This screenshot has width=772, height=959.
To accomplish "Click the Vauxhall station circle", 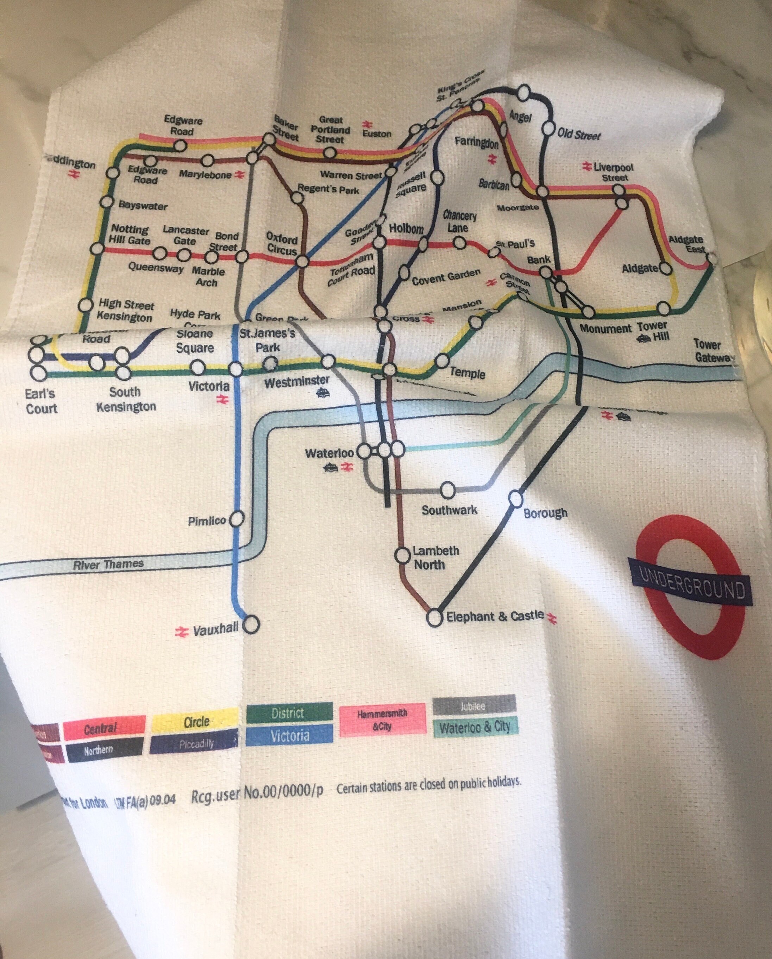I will click(x=252, y=624).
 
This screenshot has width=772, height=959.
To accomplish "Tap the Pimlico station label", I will click(x=207, y=521).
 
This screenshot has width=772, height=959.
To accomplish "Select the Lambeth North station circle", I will click(x=402, y=555).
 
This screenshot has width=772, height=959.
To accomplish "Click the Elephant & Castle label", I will click(x=495, y=616).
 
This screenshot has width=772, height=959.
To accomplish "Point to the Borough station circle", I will click(x=515, y=499).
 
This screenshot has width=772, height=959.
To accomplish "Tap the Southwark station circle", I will click(x=447, y=490).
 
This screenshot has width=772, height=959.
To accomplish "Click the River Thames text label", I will click(x=108, y=565).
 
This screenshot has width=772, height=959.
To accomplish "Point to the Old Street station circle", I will click(x=548, y=129).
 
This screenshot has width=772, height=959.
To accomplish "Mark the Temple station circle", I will click(x=441, y=360).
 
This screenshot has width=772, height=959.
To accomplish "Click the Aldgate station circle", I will click(x=665, y=268).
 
